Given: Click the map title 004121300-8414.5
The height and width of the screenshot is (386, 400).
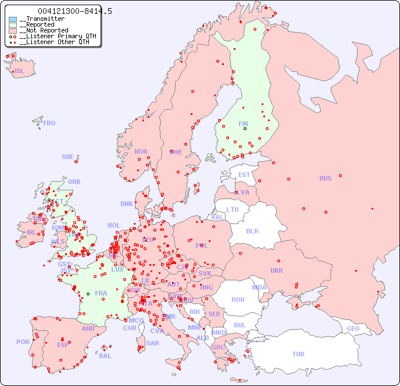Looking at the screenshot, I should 75,11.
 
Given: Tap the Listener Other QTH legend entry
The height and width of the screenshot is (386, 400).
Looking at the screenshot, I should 53,42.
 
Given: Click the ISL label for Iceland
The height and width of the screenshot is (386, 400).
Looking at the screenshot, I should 20,71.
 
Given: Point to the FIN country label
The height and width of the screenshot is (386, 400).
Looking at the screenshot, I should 243,124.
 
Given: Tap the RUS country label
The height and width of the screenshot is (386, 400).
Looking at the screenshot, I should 325,178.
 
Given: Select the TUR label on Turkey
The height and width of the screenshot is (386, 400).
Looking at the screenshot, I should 298,354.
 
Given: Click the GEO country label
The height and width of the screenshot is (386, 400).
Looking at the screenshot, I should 353,329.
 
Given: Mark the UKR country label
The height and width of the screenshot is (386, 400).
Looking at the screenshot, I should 277,270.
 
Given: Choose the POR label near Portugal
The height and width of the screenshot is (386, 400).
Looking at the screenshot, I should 23,342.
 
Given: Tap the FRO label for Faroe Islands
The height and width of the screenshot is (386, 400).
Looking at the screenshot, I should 49,123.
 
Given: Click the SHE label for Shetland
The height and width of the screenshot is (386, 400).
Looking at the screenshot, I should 68,157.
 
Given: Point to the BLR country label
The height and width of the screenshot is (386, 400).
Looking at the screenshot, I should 252,230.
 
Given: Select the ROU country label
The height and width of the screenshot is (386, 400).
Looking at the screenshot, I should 238,300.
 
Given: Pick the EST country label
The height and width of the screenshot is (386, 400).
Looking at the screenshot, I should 244,175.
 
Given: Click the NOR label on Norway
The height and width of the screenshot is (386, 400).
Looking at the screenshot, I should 141,151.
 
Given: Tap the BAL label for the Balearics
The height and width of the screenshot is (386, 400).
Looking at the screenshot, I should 105,356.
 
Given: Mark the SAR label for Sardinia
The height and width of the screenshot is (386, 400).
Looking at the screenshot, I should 152,343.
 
